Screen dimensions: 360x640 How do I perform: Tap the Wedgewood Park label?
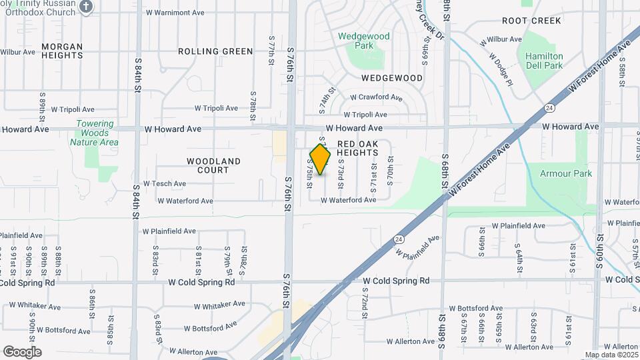pyautogui.click(x=363, y=41)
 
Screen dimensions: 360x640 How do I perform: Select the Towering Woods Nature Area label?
pyautogui.click(x=95, y=133)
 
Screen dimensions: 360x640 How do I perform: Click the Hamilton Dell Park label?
pyautogui.click(x=544, y=61)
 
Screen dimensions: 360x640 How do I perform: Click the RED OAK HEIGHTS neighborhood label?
pyautogui.click(x=358, y=148)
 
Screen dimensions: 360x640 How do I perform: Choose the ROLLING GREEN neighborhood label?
pyautogui.click(x=215, y=51)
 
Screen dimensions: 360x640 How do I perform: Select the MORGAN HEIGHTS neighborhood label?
pyautogui.click(x=62, y=51)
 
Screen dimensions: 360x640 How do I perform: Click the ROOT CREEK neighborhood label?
pyautogui.click(x=531, y=21)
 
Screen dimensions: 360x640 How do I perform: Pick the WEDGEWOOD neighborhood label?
pyautogui.click(x=392, y=78)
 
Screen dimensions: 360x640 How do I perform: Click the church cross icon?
pyautogui.click(x=85, y=7)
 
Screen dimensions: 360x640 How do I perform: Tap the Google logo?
pyautogui.click(x=22, y=352)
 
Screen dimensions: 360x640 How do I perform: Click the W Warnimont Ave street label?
pyautogui.click(x=177, y=13)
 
